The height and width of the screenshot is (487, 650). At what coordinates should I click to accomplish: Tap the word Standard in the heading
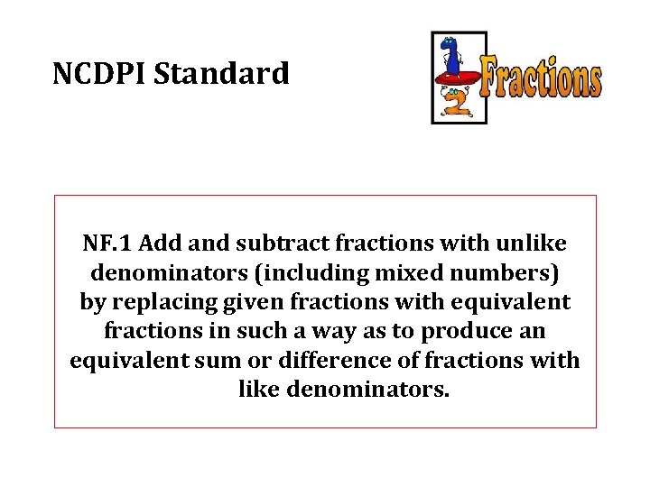point(222,73)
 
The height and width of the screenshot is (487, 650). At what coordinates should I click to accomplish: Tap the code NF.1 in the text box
point(108,243)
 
